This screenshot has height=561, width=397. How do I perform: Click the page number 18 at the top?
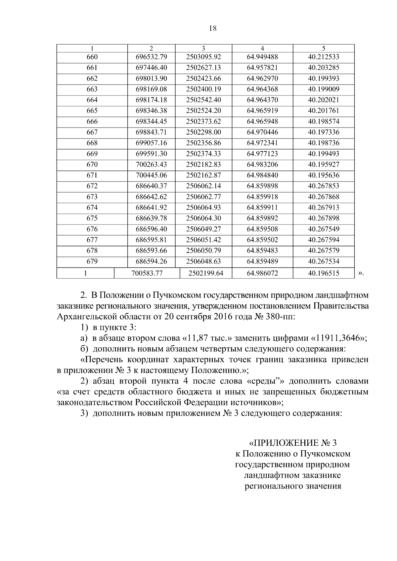coord(213,28)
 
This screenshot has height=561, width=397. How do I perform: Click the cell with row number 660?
coord(92,57)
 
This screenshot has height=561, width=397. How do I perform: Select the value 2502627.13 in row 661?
coord(203,68)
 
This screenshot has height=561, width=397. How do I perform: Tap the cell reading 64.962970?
coord(262,79)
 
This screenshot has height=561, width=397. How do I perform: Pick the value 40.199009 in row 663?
coord(323,89)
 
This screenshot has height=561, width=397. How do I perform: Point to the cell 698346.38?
coord(151,111)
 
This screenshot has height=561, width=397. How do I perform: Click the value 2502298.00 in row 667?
coord(203,132)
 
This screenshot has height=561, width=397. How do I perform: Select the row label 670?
coord(92,165)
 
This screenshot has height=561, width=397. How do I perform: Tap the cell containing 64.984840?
coord(262,175)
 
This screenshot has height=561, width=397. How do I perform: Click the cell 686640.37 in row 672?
coord(151,186)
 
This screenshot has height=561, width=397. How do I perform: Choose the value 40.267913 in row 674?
coord(323,208)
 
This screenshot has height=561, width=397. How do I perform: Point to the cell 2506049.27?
coord(203,229)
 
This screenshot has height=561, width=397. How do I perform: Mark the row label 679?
coord(92,261)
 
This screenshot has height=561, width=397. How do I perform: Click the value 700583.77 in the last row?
coord(147,273)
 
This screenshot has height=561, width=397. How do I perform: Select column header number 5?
coord(324,48)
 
